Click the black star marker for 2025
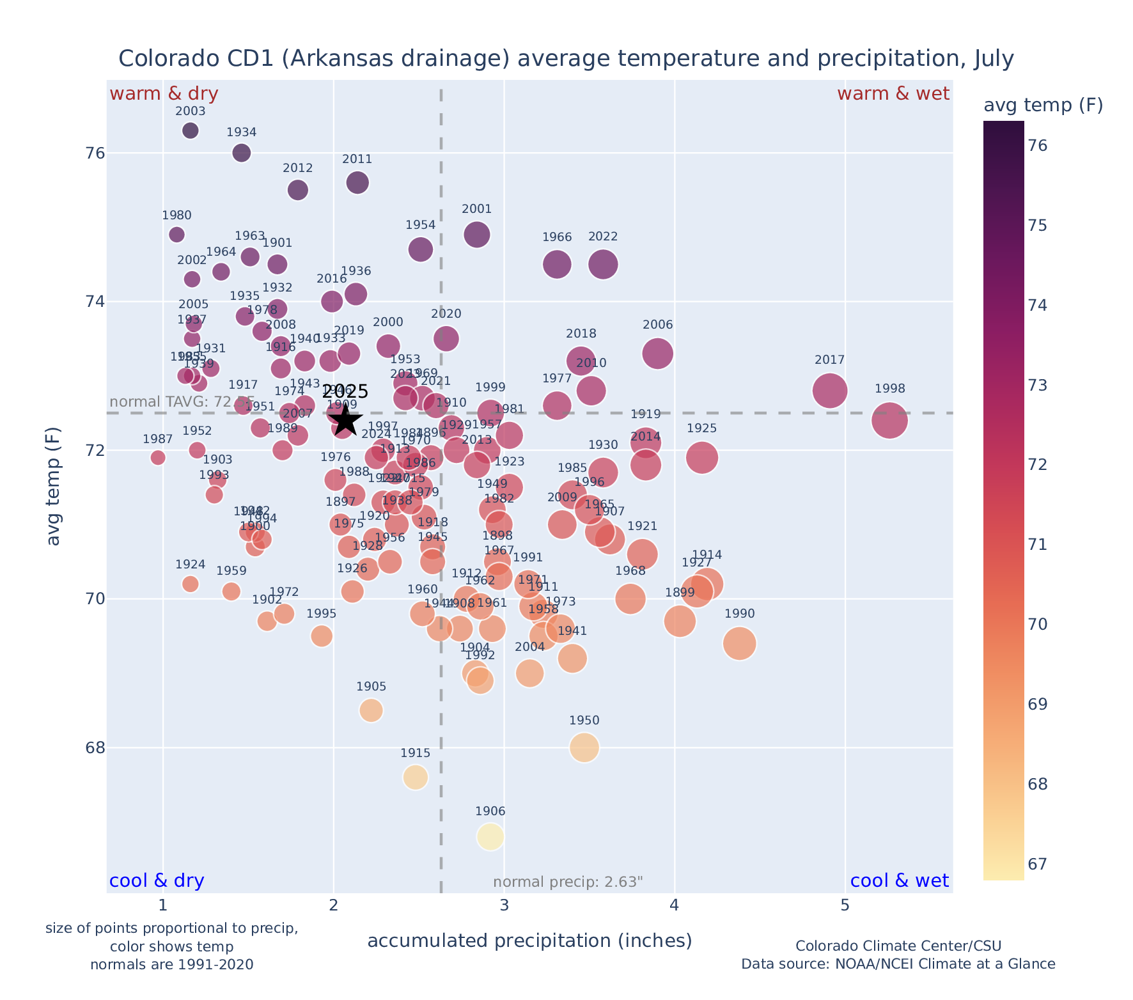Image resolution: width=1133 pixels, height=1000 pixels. [x=345, y=420]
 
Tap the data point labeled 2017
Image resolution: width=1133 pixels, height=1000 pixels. [x=830, y=391]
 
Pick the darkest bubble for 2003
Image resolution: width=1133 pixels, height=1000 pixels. [x=191, y=130]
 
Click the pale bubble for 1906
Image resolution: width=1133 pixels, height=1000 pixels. [x=490, y=836]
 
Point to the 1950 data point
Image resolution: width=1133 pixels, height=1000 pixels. [x=584, y=747]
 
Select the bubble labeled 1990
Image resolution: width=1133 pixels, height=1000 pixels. [x=740, y=643]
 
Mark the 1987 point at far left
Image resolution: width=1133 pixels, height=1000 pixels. [x=158, y=457]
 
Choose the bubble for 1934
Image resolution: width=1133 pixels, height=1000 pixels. [x=242, y=153]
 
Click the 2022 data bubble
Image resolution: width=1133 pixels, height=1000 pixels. [x=603, y=264]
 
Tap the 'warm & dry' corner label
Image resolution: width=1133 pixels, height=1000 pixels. [x=164, y=94]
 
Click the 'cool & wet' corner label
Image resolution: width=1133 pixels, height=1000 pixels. [x=899, y=880]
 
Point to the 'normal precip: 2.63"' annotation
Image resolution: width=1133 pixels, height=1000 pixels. [x=568, y=882]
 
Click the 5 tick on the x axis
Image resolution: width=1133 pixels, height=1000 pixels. [x=845, y=906]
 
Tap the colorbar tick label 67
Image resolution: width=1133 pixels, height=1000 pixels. [x=1037, y=864]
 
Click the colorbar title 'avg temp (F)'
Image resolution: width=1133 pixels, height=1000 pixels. [x=1043, y=105]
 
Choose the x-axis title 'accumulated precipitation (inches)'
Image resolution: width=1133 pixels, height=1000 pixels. [x=529, y=941]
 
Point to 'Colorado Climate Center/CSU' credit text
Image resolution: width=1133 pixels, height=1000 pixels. [x=898, y=946]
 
